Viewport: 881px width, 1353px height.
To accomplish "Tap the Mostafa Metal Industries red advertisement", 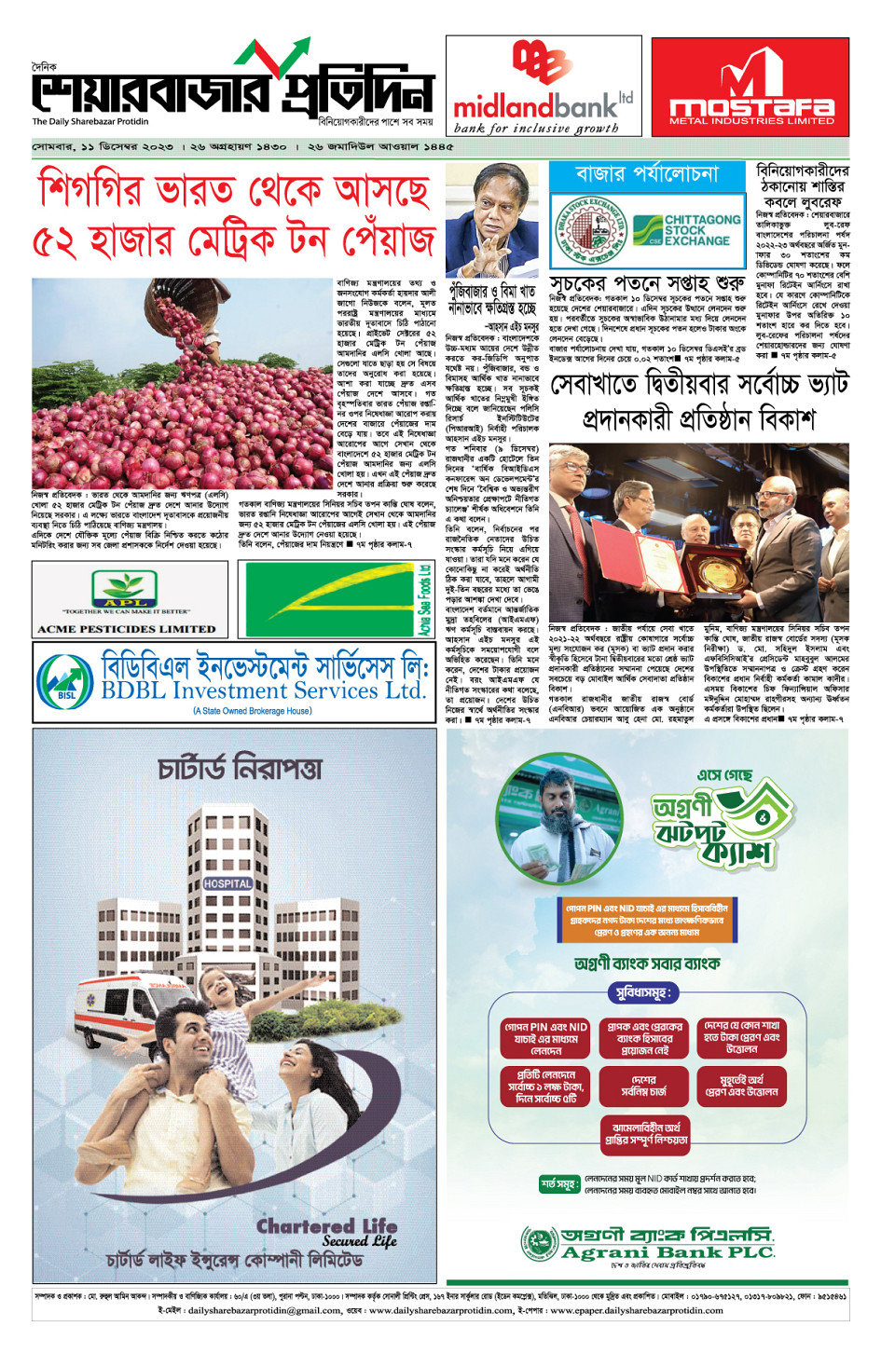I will coord(750,87).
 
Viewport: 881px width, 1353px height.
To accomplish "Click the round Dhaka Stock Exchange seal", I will coord(593,228).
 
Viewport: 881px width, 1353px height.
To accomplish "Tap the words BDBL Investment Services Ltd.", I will coord(263,691).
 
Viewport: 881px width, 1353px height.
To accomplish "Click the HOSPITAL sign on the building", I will coord(227,883).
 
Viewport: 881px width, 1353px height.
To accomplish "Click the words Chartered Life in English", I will coord(326,1225).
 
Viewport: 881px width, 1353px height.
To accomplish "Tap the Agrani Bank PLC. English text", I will coord(668,1253).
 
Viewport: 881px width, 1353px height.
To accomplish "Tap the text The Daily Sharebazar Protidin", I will coord(90,122).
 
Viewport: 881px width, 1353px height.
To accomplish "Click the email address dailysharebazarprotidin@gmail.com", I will coord(265,1310).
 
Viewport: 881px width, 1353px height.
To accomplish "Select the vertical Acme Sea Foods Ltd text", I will coord(424,600).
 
